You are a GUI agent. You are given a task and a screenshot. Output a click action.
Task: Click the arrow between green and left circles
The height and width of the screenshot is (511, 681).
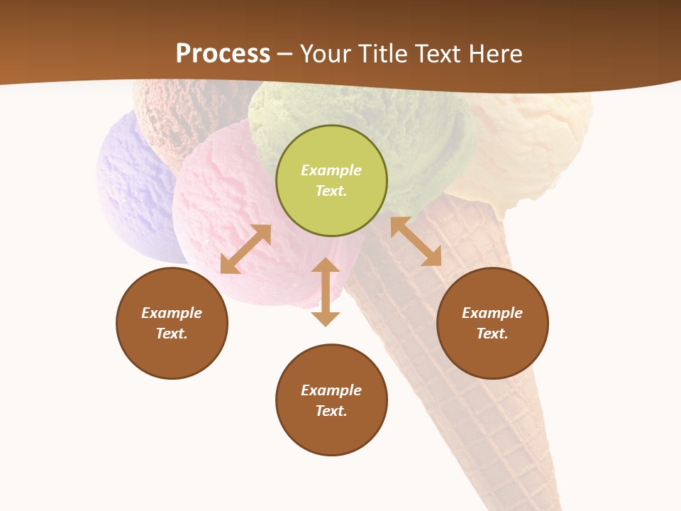tap(245, 249)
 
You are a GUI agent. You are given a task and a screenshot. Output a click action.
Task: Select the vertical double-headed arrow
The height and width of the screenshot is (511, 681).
tap(326, 292)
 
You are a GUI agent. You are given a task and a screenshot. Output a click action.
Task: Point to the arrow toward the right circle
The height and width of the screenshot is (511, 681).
tap(416, 241)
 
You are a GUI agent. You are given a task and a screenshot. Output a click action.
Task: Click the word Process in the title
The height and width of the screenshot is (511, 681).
tap(223, 53)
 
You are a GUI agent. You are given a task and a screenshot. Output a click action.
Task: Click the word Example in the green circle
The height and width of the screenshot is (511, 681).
tap(331, 170)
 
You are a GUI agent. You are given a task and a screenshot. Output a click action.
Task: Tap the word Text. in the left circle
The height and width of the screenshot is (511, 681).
tap(172, 334)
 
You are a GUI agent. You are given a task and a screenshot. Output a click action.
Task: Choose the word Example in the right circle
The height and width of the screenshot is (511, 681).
tap(492, 313)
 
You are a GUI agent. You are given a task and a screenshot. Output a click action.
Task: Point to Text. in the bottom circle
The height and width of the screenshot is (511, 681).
tap(331, 411)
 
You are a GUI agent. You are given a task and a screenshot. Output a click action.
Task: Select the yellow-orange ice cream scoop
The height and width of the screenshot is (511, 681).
tap(539, 142)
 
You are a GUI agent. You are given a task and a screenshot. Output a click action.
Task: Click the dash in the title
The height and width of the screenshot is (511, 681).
tap(285, 54)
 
